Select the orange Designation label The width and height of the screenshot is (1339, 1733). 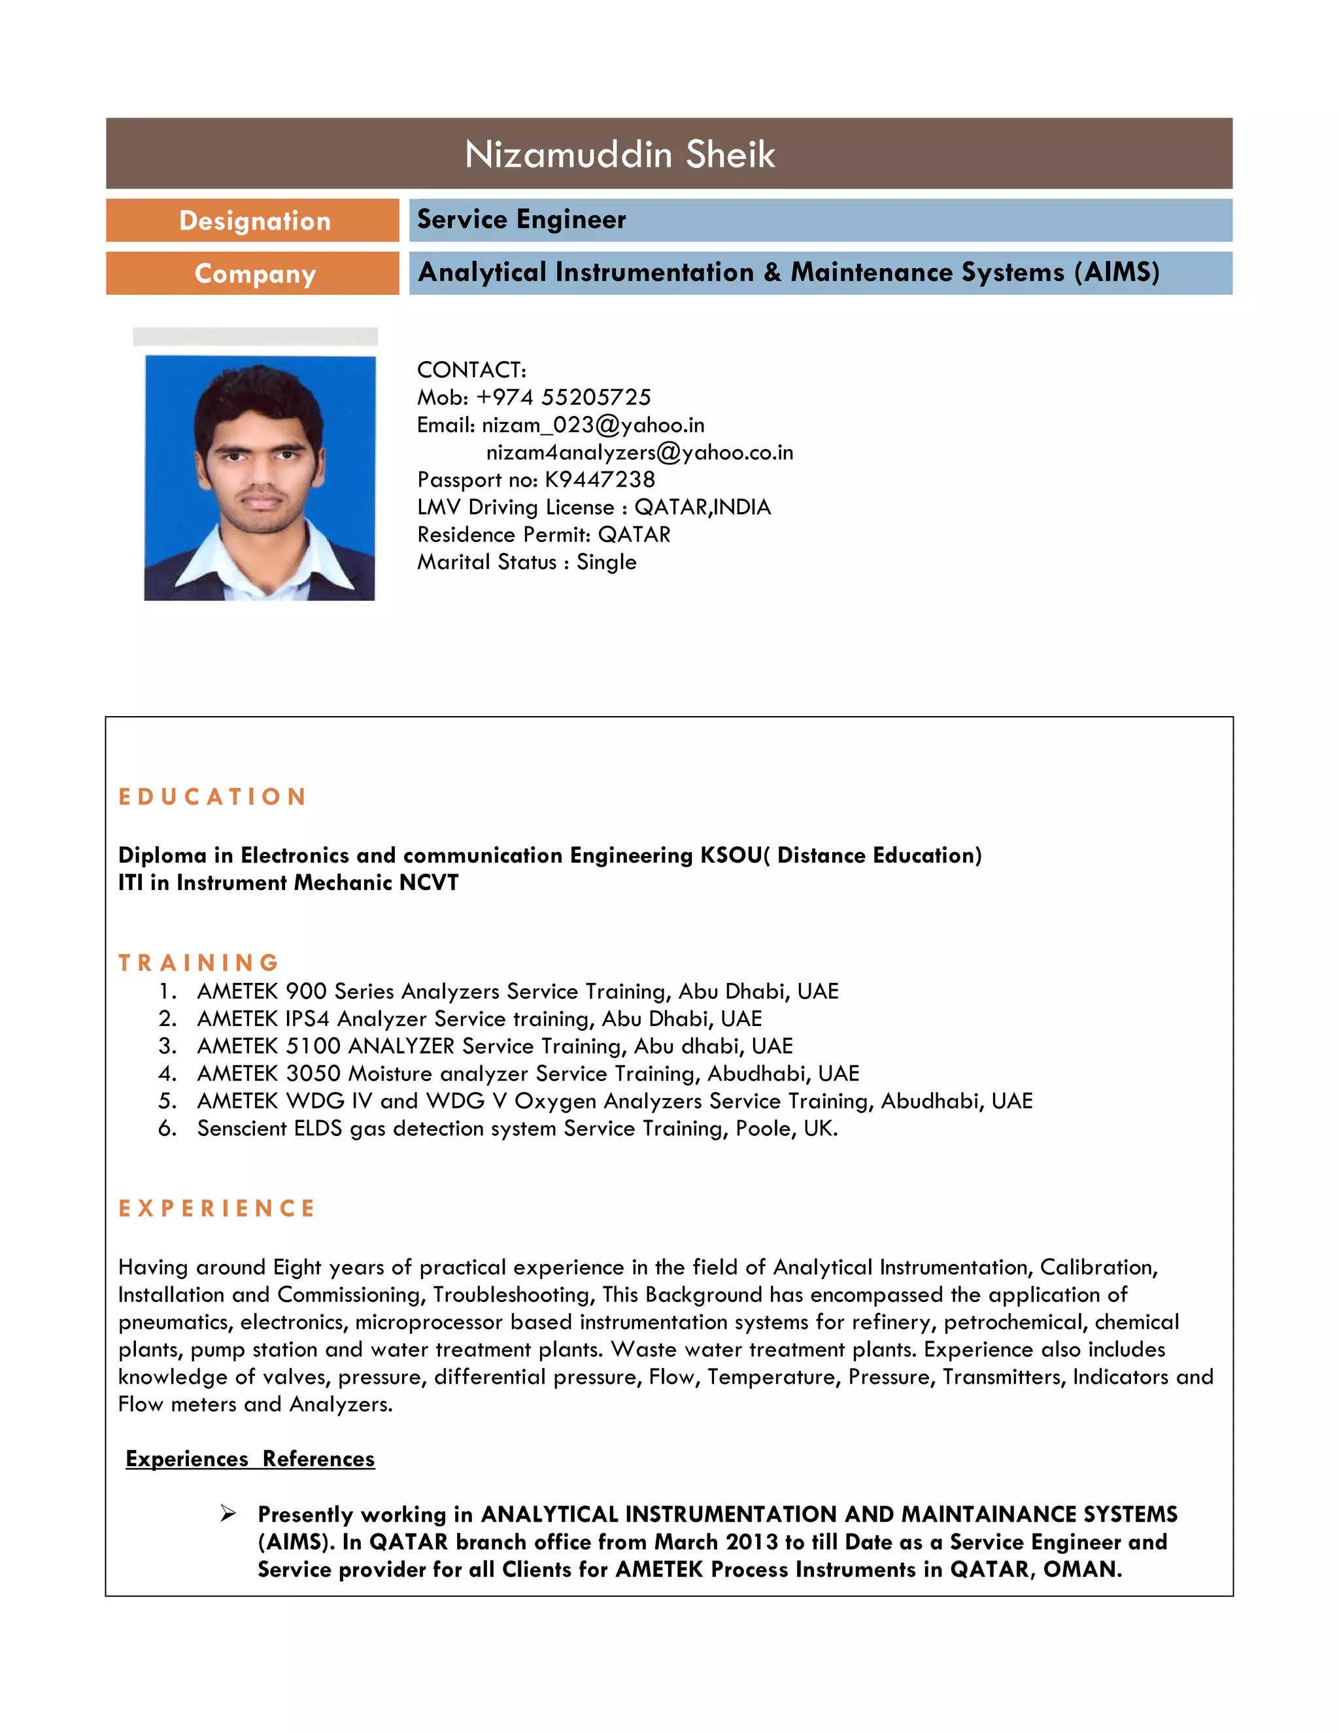[254, 220]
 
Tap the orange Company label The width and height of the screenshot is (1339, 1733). [254, 274]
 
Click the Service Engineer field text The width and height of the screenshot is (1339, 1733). [521, 220]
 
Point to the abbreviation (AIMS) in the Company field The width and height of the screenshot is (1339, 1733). [1116, 272]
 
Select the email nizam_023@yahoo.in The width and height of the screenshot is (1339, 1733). [592, 425]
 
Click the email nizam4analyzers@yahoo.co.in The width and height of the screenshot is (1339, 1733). [639, 453]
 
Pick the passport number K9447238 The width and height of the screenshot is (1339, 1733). [600, 480]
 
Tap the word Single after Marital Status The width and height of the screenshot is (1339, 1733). [606, 562]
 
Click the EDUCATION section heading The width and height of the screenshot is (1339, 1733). [212, 797]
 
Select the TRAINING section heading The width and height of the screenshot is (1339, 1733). [198, 963]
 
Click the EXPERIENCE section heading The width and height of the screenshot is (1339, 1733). [216, 1209]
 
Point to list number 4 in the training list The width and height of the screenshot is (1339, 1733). [167, 1074]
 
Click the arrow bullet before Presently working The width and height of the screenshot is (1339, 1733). [228, 1514]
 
